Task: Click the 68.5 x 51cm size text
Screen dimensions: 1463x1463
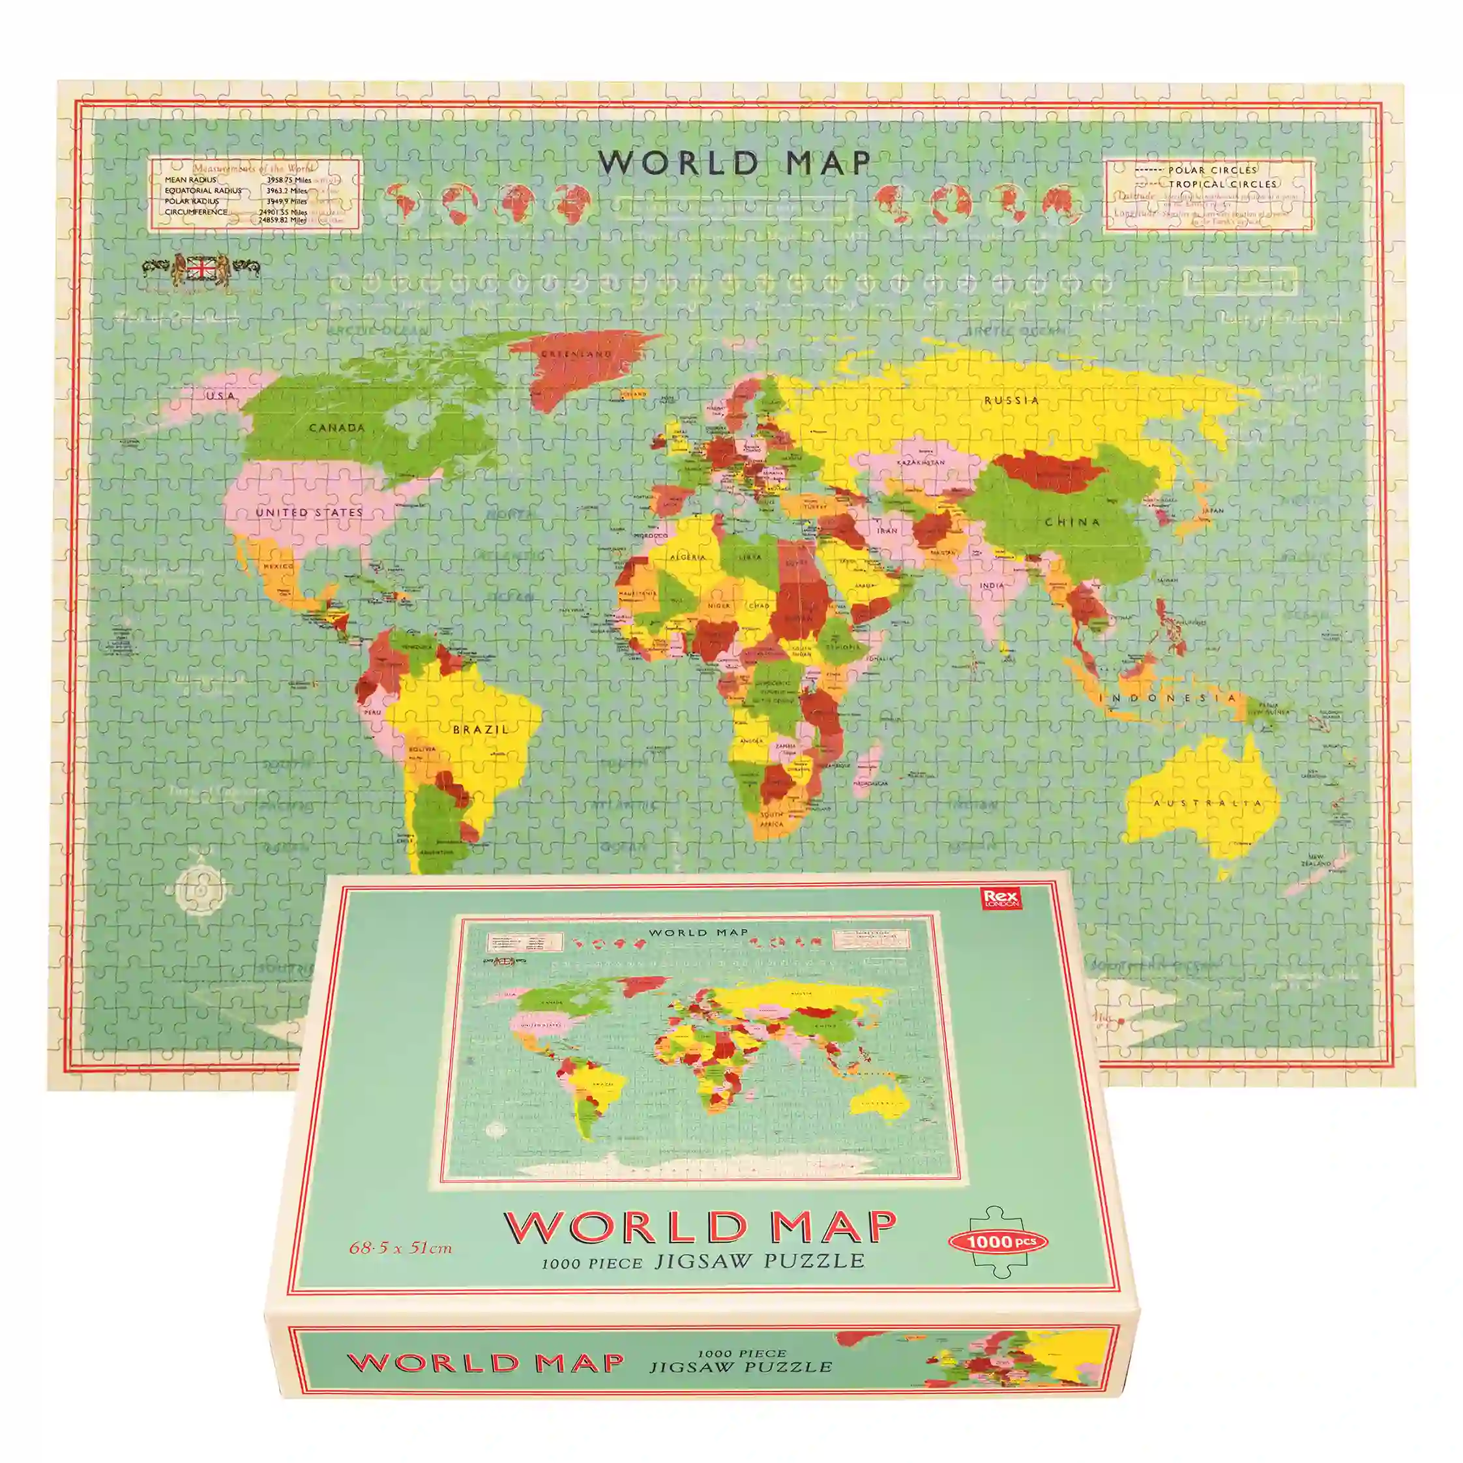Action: point(400,1247)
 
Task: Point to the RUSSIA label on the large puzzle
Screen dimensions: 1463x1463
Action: point(1011,400)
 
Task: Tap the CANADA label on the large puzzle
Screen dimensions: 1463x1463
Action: point(337,428)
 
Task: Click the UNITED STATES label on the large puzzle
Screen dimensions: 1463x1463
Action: point(309,512)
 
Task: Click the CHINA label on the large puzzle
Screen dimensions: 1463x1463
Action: point(1072,522)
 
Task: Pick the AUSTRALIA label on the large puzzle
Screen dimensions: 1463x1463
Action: point(1207,803)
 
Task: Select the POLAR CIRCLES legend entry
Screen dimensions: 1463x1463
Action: point(1211,170)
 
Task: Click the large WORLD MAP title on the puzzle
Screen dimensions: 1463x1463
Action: point(735,163)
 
